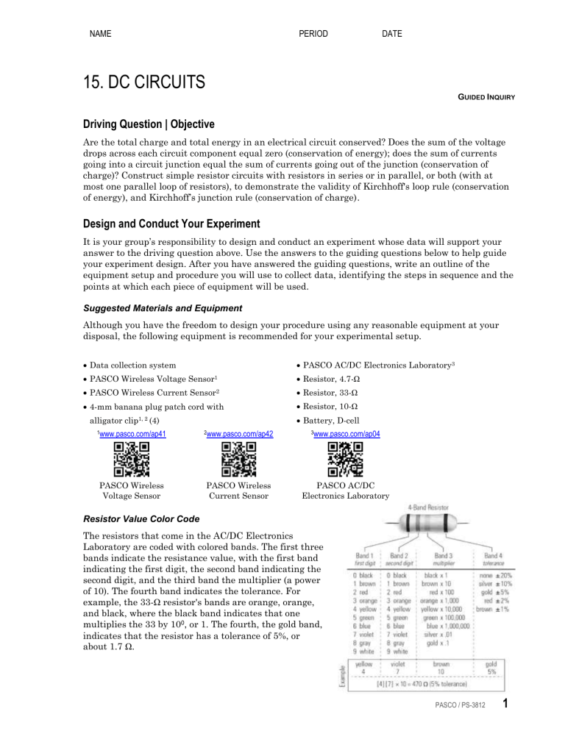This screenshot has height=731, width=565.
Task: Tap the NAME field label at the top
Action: click(101, 34)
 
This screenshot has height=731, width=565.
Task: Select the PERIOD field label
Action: click(313, 34)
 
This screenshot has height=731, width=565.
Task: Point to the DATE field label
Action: click(392, 34)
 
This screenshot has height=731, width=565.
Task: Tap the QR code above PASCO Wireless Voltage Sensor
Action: click(132, 458)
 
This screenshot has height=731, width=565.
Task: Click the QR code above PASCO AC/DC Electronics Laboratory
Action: click(345, 458)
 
